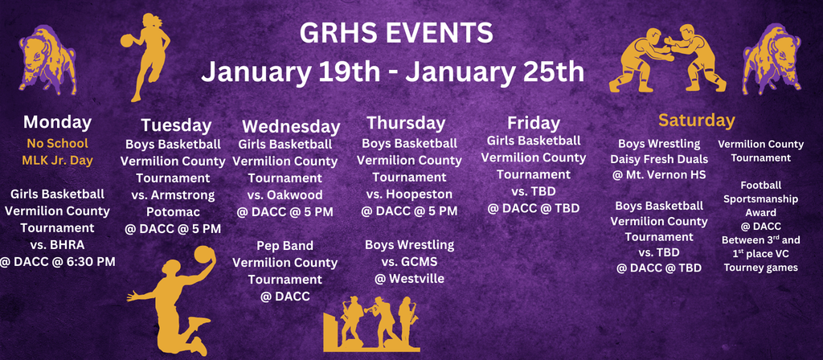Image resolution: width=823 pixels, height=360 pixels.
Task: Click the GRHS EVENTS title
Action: [x=395, y=33]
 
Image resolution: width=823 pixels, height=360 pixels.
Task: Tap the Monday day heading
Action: [x=57, y=122]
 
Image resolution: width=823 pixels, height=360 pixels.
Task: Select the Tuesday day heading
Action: [x=176, y=125]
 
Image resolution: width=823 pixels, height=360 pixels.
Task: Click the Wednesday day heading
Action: [x=291, y=126]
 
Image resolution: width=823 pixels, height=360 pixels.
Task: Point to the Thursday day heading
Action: [x=406, y=123]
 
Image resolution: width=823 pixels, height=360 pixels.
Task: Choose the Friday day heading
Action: [x=533, y=123]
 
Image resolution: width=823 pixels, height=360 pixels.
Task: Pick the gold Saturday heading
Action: [x=696, y=121]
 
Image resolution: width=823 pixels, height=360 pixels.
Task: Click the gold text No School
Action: [x=57, y=143]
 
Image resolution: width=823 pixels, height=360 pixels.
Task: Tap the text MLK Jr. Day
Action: [x=57, y=160]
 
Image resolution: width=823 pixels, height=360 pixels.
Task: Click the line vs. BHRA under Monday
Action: [x=57, y=244]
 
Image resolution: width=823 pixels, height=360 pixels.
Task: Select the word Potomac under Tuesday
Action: [x=173, y=212]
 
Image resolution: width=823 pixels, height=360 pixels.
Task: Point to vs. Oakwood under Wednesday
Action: [x=285, y=194]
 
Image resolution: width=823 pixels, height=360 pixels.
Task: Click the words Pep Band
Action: [x=285, y=245]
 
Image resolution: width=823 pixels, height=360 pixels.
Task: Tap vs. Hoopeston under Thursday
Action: [x=409, y=194]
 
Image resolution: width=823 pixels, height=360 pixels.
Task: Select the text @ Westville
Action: [x=409, y=279]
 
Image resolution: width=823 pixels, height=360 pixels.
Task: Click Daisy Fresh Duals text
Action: [x=658, y=159]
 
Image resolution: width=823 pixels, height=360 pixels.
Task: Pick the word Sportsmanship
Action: [x=760, y=198]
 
